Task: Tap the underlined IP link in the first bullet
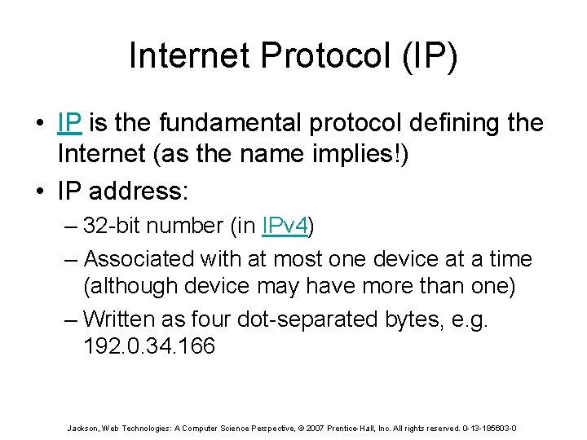coord(69,123)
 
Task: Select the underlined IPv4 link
coord(285,226)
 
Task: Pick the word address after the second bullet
coord(137,191)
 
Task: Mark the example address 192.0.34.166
coord(149,346)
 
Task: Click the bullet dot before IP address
coord(41,192)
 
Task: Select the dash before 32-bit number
coord(71,227)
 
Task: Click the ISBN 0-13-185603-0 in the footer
coord(488,428)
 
